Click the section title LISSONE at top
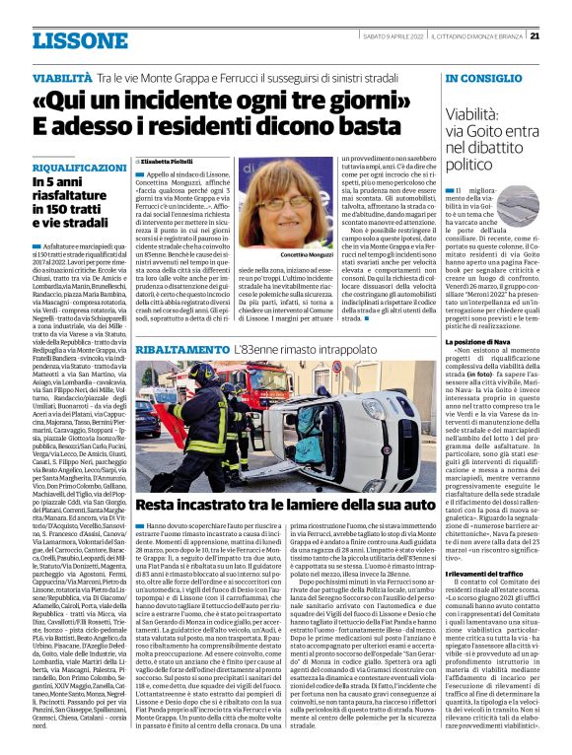pos(72,39)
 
